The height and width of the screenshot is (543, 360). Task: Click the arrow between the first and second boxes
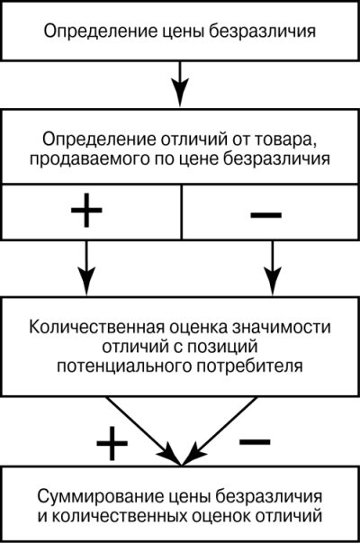pyautogui.click(x=180, y=84)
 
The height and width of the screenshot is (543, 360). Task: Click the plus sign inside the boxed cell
pyautogui.click(x=86, y=210)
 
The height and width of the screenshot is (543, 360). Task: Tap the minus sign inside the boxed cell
pyautogui.click(x=265, y=215)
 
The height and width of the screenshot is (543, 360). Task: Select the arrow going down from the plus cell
pyautogui.click(x=86, y=267)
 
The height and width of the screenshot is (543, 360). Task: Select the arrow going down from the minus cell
pyautogui.click(x=273, y=267)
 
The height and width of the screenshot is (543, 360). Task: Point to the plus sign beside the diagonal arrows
pyautogui.click(x=112, y=444)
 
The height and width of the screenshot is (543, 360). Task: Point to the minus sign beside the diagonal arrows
pyautogui.click(x=255, y=441)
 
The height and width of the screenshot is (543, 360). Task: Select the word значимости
pyautogui.click(x=281, y=328)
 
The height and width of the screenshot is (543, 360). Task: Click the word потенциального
pyautogui.click(x=124, y=367)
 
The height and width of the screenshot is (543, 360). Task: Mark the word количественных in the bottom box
pyautogui.click(x=119, y=516)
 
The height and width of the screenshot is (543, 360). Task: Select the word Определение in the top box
pyautogui.click(x=99, y=32)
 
